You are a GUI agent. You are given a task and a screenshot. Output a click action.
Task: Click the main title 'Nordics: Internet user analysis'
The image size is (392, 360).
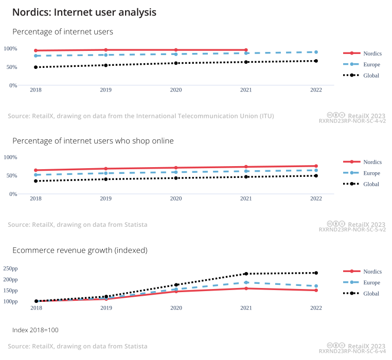[x=84, y=12]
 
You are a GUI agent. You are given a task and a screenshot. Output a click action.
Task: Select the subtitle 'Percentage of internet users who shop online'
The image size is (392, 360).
[x=93, y=141]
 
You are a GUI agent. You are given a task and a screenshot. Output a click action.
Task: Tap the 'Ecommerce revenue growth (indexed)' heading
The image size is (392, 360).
[x=80, y=250]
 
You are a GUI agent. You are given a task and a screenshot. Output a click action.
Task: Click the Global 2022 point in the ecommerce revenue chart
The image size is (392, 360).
[x=316, y=273]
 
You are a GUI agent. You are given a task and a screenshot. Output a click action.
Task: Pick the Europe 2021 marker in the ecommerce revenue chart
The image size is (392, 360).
[x=246, y=282]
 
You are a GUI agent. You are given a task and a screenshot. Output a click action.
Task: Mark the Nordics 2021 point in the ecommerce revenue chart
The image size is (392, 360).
[x=246, y=288]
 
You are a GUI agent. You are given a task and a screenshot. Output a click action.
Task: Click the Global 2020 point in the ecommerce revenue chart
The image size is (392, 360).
[x=176, y=285]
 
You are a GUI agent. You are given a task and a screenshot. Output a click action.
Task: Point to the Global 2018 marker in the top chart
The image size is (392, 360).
[x=36, y=67]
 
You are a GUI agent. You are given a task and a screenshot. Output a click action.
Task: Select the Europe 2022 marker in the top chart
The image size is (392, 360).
[x=316, y=52]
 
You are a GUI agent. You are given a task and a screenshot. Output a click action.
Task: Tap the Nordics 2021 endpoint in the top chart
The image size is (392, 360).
[x=246, y=50]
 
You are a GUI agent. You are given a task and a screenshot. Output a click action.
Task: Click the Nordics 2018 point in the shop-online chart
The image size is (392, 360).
[x=36, y=170]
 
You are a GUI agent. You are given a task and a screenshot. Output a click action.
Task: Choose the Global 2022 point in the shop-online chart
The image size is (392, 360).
[x=316, y=176]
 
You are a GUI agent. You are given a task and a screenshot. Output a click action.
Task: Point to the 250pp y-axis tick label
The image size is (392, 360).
[x=10, y=268]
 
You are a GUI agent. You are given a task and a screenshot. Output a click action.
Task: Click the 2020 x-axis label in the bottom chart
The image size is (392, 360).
[x=176, y=308]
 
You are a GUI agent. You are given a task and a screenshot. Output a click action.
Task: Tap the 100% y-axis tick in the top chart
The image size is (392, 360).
[x=10, y=49]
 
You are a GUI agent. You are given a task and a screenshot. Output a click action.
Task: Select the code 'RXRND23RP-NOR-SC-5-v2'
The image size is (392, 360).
[x=352, y=230]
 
